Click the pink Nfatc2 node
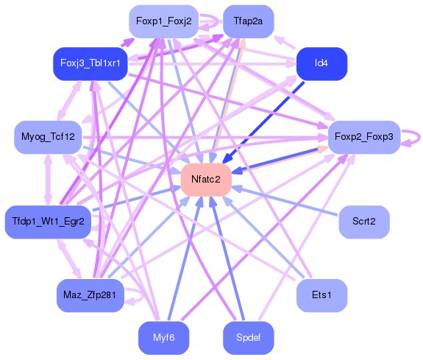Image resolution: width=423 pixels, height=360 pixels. (x=206, y=180)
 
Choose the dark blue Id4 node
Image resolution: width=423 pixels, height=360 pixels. (x=321, y=63)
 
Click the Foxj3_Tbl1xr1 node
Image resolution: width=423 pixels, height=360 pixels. (x=91, y=63)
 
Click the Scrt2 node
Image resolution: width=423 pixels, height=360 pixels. (x=363, y=221)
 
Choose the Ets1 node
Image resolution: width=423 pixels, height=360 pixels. (x=321, y=295)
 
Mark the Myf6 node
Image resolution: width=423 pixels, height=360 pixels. (x=163, y=338)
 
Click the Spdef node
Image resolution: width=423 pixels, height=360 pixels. (x=248, y=338)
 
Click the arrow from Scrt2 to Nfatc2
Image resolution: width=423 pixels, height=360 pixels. (x=287, y=201)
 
